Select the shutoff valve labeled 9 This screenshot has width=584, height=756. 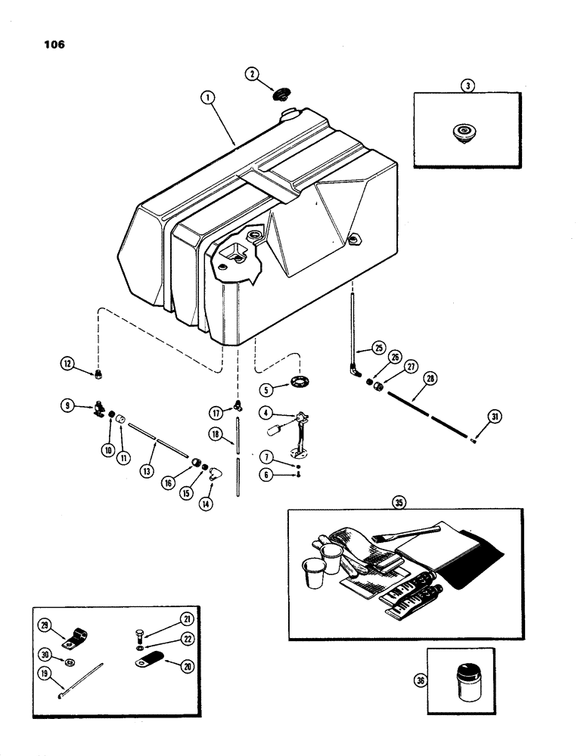coord(98,409)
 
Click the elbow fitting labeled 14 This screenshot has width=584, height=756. coord(216,474)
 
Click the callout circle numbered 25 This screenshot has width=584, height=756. coord(378,349)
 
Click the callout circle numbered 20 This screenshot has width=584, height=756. coord(185,665)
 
